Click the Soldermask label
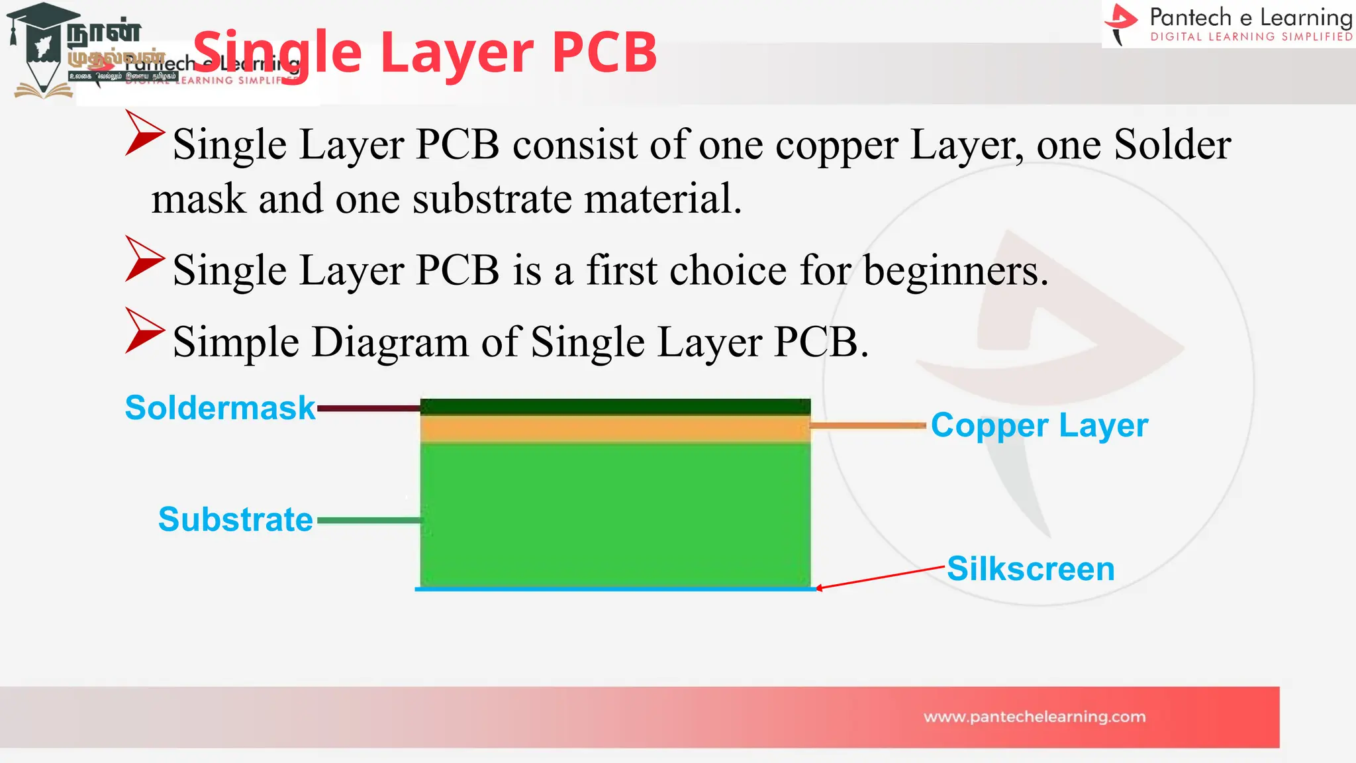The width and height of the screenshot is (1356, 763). tap(220, 408)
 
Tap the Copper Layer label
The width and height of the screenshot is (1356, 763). tap(1039, 426)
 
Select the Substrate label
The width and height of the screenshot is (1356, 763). tap(235, 519)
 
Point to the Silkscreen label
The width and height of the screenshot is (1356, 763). tap(1030, 569)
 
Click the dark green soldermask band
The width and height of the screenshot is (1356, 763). tap(615, 407)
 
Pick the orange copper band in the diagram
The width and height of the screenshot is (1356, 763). tap(615, 429)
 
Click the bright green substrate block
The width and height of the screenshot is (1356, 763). tap(615, 514)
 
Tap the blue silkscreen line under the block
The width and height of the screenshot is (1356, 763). tap(615, 589)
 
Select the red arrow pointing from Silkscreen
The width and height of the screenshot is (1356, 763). tap(881, 578)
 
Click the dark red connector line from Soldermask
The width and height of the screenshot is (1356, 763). tap(368, 409)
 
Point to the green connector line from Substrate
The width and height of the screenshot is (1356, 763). tap(368, 521)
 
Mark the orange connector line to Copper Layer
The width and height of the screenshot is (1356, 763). tap(867, 426)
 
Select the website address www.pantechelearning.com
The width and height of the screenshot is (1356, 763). tap(1034, 717)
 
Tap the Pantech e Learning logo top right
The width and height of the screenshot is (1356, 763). tap(1228, 24)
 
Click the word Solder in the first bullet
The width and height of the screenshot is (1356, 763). tap(1172, 144)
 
